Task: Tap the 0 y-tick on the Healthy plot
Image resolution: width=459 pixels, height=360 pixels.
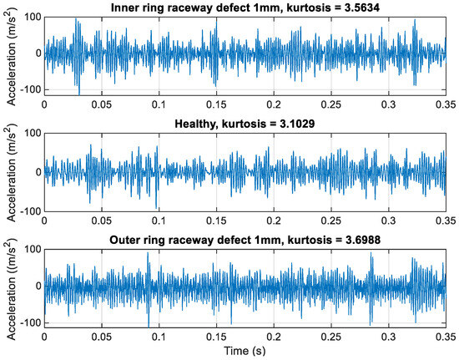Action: (36, 172)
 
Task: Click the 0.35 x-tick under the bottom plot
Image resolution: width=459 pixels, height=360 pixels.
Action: (444, 338)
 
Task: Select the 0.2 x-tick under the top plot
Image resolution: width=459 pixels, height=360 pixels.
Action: (274, 107)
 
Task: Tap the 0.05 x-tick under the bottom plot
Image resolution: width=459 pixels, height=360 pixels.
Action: (102, 338)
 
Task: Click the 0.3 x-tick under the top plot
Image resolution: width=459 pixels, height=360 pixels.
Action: (388, 107)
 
